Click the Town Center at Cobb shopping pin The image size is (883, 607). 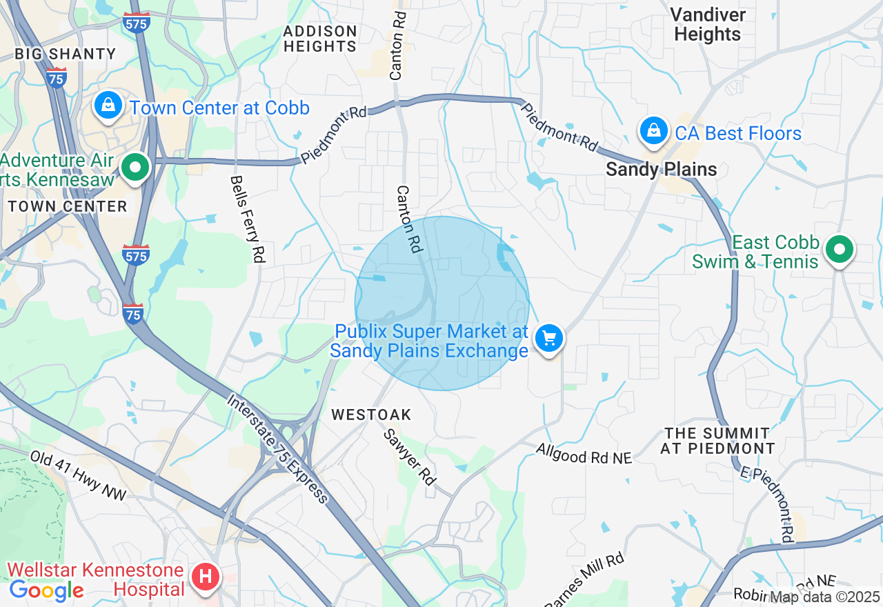tap(108, 106)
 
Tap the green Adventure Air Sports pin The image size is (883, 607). tap(136, 168)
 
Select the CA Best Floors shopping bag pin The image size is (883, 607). tap(653, 130)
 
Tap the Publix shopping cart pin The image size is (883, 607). tap(549, 339)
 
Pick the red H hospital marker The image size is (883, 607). tap(205, 576)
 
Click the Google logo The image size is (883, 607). tap(46, 590)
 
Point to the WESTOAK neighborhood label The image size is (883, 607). tap(371, 415)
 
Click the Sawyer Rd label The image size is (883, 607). tap(410, 456)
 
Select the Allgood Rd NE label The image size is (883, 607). tap(584, 456)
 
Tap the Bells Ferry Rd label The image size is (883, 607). tap(248, 219)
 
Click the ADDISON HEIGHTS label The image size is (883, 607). tap(320, 39)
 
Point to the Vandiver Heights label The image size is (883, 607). tap(708, 24)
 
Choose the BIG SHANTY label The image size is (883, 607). tap(66, 54)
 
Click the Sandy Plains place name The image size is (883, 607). tap(661, 169)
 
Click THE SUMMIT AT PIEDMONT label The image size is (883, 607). tap(717, 441)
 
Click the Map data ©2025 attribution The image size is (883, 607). tap(825, 597)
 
